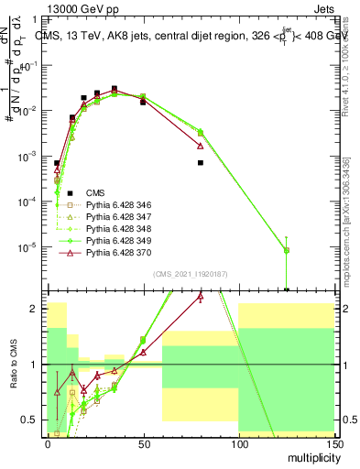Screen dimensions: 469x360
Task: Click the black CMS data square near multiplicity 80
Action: click(200, 163)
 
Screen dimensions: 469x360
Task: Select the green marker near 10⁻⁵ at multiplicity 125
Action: click(286, 250)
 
